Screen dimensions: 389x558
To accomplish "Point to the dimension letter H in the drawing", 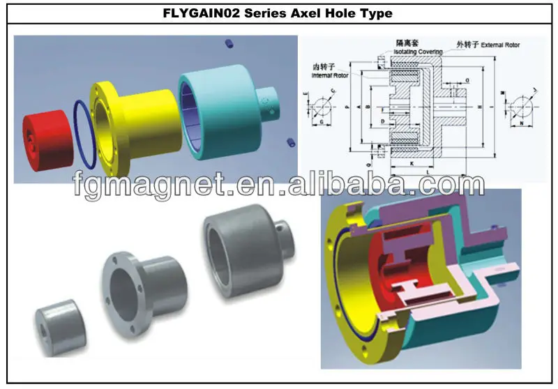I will (x=479, y=106).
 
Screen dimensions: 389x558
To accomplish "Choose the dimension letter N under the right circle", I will (x=520, y=124).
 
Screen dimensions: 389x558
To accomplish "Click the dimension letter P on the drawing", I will (x=347, y=107).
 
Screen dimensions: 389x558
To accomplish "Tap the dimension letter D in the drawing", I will (x=384, y=121).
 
